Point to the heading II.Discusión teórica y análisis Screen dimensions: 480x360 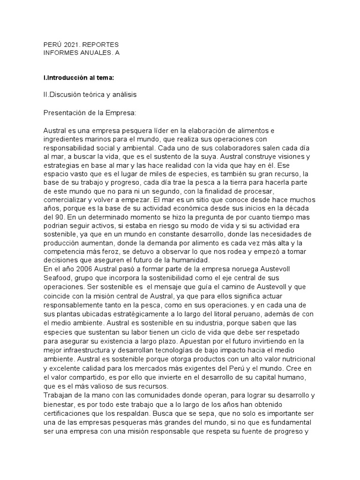(90, 95)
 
